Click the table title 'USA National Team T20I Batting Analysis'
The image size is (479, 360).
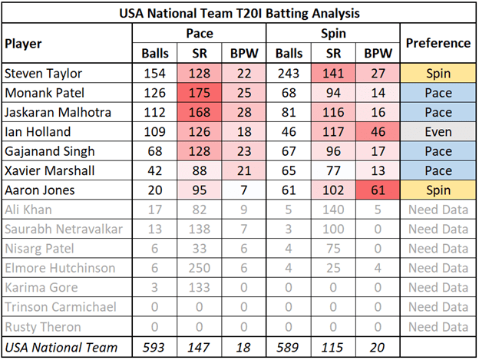point(240,13)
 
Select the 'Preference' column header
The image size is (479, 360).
point(438,44)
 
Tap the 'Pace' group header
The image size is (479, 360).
point(199,34)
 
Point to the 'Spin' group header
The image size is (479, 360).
point(332,34)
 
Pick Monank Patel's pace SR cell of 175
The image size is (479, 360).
point(200,93)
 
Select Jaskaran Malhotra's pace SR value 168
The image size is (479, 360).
point(200,113)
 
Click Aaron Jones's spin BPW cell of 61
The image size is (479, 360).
point(376,191)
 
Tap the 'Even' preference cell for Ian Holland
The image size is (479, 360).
point(438,132)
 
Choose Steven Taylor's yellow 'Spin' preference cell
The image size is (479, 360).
point(438,74)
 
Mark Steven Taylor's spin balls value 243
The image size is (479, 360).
point(289,74)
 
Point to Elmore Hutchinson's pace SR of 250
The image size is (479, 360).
point(200,269)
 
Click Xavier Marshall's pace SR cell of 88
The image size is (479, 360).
point(200,171)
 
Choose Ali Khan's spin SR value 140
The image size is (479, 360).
point(332,210)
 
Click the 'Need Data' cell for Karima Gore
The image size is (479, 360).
point(438,289)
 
